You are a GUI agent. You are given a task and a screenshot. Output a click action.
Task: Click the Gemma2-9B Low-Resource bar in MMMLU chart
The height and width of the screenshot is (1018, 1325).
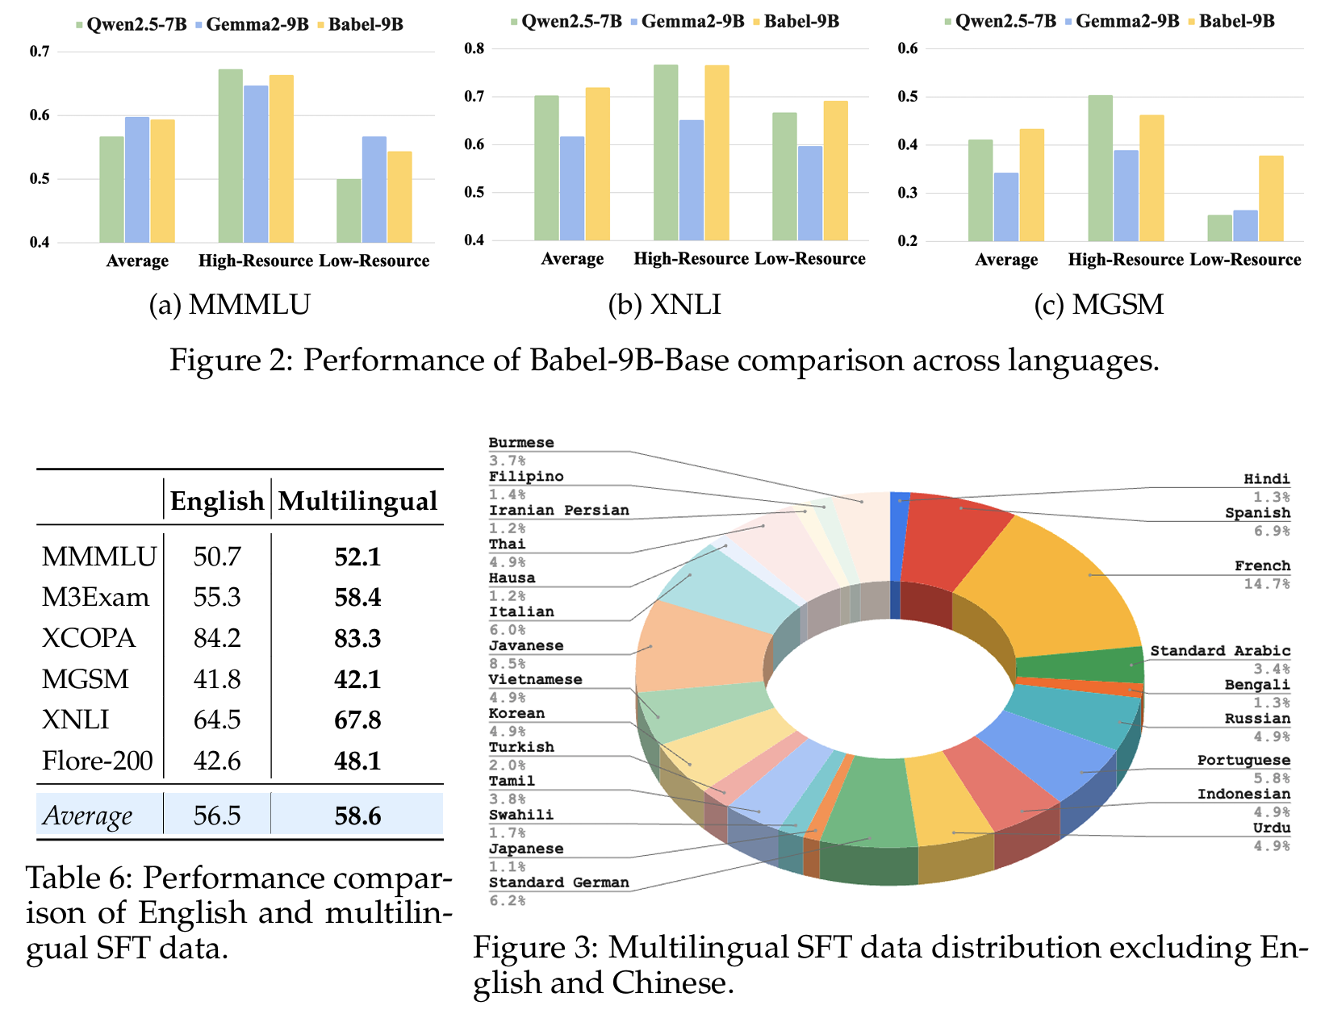(x=374, y=190)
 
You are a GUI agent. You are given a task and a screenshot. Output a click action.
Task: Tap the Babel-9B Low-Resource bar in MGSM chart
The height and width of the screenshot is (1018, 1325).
(x=1270, y=198)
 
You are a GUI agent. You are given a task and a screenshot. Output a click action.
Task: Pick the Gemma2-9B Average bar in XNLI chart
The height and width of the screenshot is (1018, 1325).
(x=572, y=188)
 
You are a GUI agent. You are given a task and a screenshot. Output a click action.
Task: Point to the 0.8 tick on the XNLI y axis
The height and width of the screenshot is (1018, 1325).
(x=474, y=48)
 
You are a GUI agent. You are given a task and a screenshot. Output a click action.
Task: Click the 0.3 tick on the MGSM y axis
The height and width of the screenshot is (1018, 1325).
(x=908, y=194)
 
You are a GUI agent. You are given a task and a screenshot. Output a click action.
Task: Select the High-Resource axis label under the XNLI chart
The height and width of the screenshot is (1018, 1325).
(x=691, y=259)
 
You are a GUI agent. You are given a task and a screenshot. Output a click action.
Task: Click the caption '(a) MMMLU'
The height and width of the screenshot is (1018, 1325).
(x=230, y=304)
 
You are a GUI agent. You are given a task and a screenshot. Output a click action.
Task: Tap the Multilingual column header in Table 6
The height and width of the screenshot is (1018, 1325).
(x=357, y=501)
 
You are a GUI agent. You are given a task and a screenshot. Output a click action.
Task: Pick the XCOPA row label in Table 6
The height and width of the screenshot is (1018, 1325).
(x=89, y=638)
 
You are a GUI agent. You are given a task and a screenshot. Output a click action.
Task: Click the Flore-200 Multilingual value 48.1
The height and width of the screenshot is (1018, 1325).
(x=357, y=761)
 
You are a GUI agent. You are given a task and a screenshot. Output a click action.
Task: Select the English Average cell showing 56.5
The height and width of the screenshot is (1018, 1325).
(x=217, y=816)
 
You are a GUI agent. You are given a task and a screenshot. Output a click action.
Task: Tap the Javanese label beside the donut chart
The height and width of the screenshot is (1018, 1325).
(x=526, y=646)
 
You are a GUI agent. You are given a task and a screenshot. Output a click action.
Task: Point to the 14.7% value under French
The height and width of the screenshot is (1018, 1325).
(x=1266, y=583)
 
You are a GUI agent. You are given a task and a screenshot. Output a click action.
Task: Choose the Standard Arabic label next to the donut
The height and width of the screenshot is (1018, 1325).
(x=1220, y=651)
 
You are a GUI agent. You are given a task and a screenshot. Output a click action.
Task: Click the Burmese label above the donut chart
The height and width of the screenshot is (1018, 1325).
(x=521, y=443)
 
